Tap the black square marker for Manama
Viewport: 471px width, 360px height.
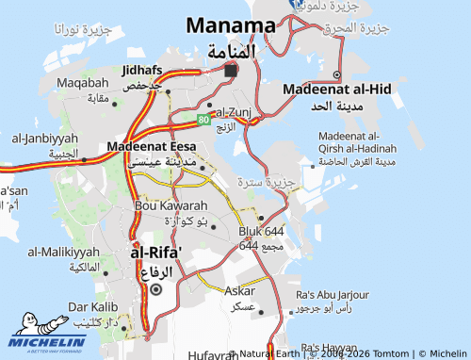[x=231, y=70]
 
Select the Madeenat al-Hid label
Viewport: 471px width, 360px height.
[x=337, y=89]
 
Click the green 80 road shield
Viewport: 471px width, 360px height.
[x=203, y=120]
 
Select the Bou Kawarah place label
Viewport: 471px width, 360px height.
[x=171, y=205]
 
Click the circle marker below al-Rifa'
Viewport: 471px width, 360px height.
[x=155, y=289]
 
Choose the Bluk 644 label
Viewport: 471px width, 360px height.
[x=261, y=231]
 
